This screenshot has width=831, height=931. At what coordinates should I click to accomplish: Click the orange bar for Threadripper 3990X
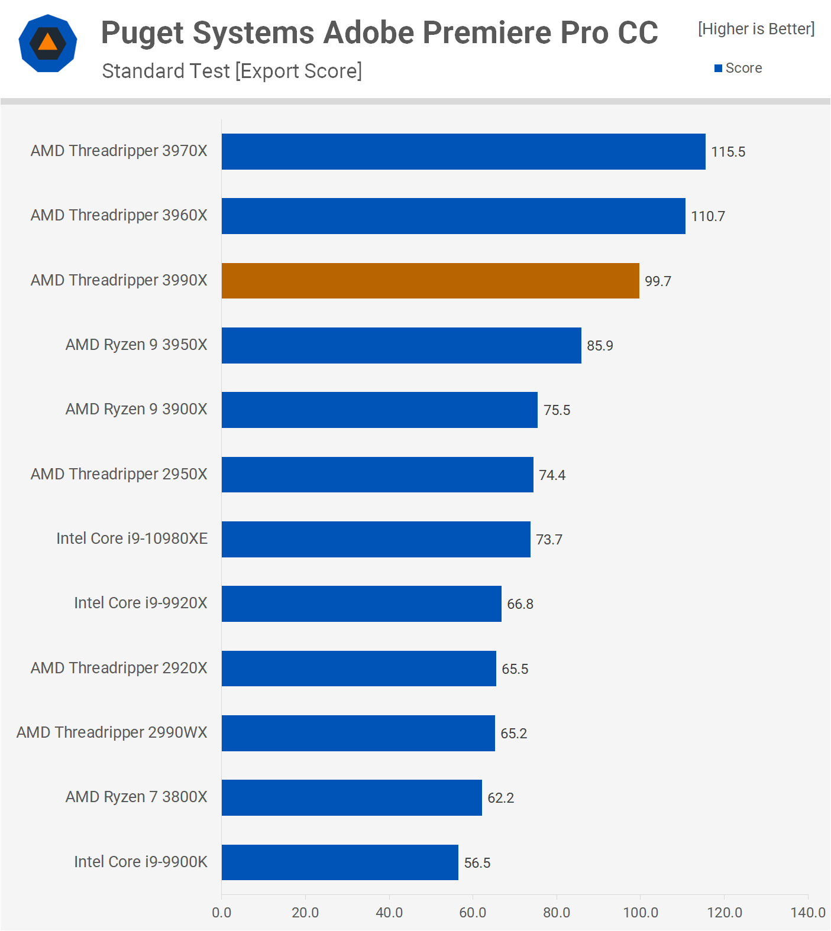(430, 281)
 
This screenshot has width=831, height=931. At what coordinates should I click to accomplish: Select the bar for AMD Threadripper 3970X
(463, 151)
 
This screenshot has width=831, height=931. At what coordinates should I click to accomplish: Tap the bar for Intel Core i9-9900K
(339, 862)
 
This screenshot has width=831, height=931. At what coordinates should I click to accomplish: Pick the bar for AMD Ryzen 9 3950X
(401, 345)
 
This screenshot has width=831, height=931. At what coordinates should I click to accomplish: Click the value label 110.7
(708, 216)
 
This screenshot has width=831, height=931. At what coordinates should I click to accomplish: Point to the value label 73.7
(549, 540)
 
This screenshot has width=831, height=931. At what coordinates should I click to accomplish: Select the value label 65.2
(513, 734)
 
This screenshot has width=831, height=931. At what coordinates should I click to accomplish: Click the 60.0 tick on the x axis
(473, 913)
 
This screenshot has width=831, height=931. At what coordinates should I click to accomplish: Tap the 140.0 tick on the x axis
(808, 913)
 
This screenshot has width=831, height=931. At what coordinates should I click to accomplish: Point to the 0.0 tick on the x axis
(222, 913)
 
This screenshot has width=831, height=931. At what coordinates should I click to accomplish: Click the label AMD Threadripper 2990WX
(112, 732)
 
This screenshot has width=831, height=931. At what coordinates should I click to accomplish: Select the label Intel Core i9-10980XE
(132, 539)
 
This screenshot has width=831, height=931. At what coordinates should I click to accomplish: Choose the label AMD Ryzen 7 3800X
(137, 797)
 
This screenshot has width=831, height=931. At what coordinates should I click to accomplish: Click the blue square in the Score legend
(718, 69)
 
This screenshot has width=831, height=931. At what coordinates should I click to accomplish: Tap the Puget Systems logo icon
(48, 43)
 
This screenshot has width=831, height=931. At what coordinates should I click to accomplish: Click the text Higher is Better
(756, 29)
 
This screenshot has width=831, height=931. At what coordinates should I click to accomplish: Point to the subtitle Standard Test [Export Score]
(232, 71)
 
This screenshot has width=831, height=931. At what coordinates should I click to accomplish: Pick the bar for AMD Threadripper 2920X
(358, 669)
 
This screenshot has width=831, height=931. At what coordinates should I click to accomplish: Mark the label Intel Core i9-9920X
(141, 603)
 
